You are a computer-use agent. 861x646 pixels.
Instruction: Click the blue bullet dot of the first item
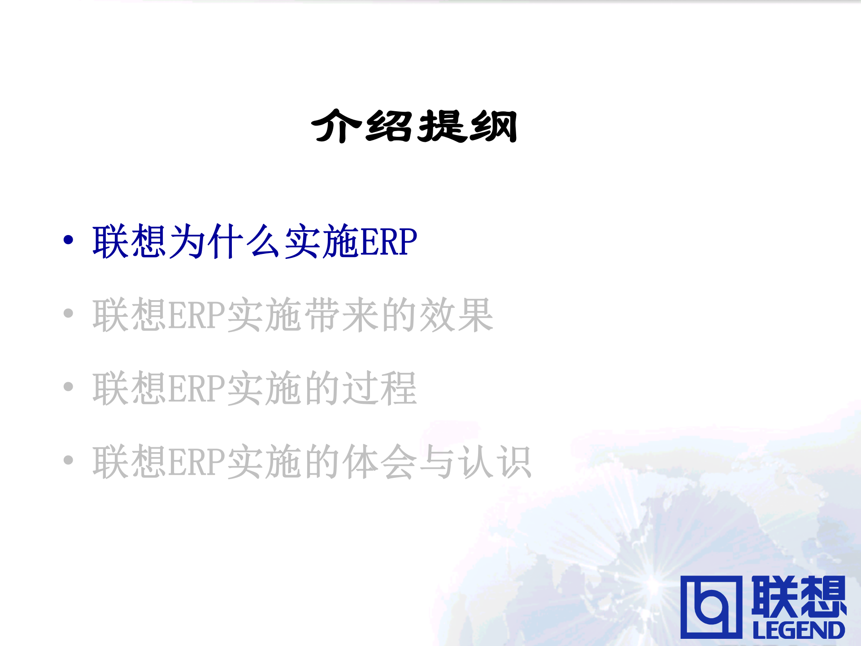pyautogui.click(x=68, y=240)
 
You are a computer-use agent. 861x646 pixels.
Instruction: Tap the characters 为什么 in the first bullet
pyautogui.click(x=226, y=241)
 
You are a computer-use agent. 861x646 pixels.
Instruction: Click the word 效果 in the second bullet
pyautogui.click(x=456, y=315)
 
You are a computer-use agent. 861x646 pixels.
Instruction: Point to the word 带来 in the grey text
pyautogui.click(x=343, y=315)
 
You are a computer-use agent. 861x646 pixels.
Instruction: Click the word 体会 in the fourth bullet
pyautogui.click(x=380, y=462)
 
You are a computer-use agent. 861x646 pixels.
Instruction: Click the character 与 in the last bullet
pyautogui.click(x=437, y=462)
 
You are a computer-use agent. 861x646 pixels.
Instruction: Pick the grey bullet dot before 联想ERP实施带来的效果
pyautogui.click(x=68, y=313)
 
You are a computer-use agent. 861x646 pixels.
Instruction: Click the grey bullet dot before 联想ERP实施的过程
pyautogui.click(x=68, y=387)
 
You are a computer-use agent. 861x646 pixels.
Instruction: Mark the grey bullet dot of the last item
pyautogui.click(x=68, y=460)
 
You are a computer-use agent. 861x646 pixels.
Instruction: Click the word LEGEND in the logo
pyautogui.click(x=799, y=630)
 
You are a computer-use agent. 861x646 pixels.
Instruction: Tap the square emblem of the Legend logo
pyautogui.click(x=711, y=607)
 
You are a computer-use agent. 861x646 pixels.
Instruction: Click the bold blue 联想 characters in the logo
pyautogui.click(x=799, y=596)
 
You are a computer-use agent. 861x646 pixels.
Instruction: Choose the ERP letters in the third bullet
pyautogui.click(x=196, y=389)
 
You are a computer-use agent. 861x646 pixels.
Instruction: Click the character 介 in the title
pyautogui.click(x=336, y=127)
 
